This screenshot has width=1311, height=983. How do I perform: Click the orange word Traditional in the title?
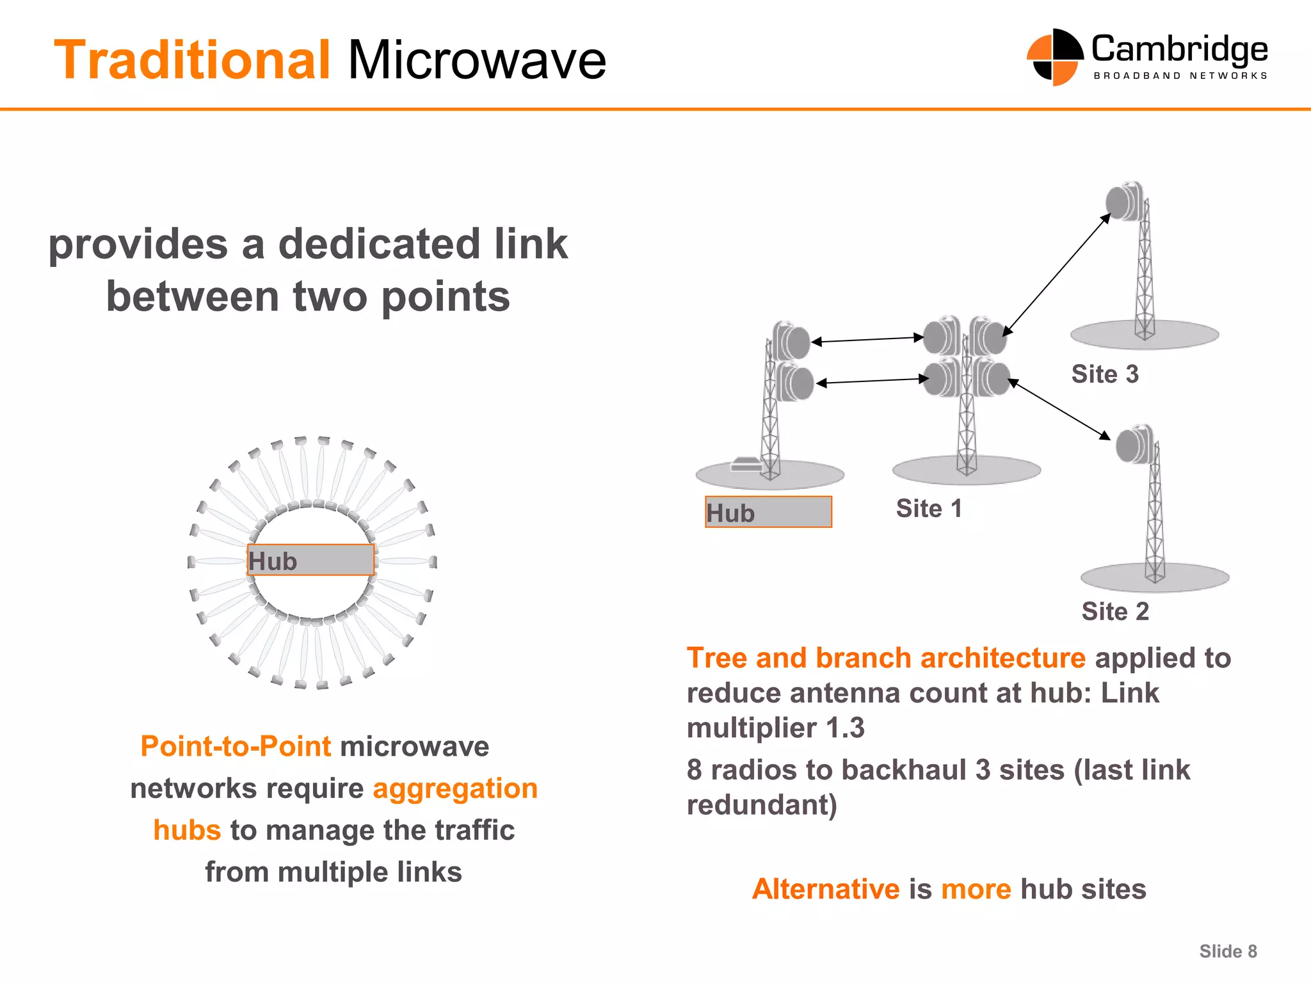(x=192, y=60)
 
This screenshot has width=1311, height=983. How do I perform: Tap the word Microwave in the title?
(x=477, y=60)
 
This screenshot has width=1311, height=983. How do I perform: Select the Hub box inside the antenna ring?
(x=310, y=560)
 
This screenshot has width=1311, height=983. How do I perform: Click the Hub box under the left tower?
(x=768, y=512)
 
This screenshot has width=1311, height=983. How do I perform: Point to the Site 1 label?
(x=929, y=509)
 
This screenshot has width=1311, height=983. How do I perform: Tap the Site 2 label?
(x=1115, y=611)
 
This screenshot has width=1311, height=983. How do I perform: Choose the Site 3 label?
(x=1105, y=374)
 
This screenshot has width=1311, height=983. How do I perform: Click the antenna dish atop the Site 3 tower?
(x=1123, y=202)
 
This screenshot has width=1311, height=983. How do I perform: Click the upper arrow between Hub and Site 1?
(x=867, y=340)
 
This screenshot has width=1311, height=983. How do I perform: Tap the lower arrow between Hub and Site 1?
(x=873, y=381)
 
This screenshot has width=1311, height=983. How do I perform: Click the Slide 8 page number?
(x=1228, y=952)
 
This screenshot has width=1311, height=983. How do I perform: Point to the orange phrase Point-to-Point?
(x=236, y=746)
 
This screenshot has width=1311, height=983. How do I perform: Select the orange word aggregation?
(x=455, y=788)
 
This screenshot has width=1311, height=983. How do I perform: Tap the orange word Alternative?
(x=826, y=889)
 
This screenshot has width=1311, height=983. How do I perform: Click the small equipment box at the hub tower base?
(x=744, y=464)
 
